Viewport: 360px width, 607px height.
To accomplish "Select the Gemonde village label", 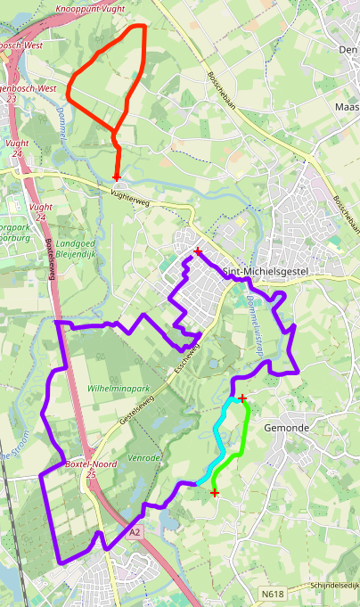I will (x=286, y=428).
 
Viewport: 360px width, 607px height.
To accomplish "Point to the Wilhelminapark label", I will (x=118, y=390).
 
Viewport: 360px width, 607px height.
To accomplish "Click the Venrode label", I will (x=145, y=457).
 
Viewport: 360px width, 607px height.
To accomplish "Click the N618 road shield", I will (x=274, y=593).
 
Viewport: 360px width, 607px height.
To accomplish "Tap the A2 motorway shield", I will (x=135, y=532).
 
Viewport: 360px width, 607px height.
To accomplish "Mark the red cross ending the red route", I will (x=117, y=178).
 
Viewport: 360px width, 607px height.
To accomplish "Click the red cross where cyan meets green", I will (x=242, y=398).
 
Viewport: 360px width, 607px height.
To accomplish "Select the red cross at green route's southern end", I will (x=214, y=492).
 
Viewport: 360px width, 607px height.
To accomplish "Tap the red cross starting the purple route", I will (x=198, y=252).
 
